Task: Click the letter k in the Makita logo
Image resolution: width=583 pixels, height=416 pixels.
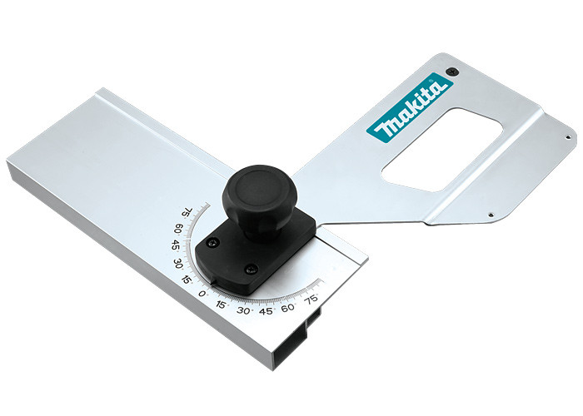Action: click(408, 111)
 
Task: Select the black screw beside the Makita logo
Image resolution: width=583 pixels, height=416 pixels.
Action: click(451, 71)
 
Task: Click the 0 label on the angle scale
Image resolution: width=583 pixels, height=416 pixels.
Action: click(202, 294)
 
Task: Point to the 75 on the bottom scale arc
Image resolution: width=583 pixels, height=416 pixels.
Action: click(311, 299)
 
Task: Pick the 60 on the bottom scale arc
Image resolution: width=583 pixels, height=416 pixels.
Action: click(288, 308)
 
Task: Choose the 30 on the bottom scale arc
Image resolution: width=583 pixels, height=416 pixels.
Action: click(243, 310)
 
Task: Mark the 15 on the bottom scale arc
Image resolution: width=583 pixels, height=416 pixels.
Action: click(221, 305)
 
